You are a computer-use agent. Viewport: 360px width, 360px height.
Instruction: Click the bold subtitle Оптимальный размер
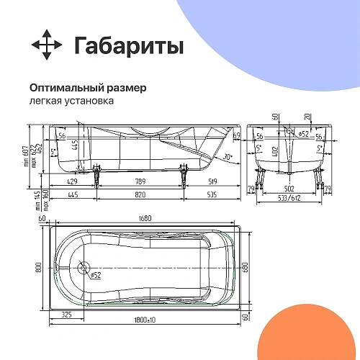(88, 88)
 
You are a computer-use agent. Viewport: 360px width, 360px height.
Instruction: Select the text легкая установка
(71, 102)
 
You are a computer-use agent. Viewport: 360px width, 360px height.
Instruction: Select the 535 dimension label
(212, 195)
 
